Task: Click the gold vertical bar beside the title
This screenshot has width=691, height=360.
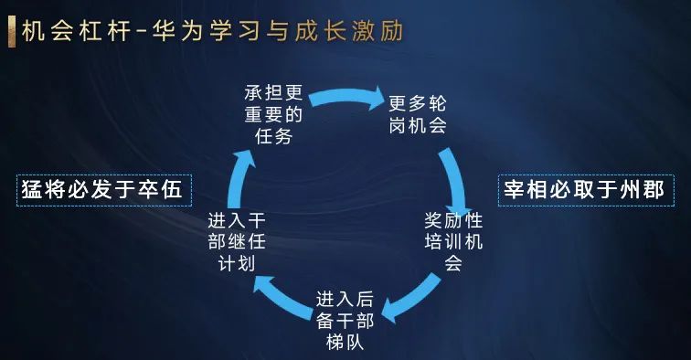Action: (x=12, y=32)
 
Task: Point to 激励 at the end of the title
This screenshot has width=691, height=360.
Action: (x=377, y=32)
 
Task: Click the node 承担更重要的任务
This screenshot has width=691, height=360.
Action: (x=273, y=114)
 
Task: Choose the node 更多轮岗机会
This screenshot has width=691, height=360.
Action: (x=418, y=114)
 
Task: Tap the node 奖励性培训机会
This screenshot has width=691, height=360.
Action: (x=453, y=241)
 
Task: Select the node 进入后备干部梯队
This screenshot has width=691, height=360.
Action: (x=345, y=321)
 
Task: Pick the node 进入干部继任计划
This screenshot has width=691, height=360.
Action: (x=237, y=241)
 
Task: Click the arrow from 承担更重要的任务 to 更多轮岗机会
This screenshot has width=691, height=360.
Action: (x=346, y=95)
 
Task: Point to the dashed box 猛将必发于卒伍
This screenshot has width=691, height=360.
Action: (x=104, y=190)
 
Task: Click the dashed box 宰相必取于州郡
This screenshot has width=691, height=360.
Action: (x=586, y=190)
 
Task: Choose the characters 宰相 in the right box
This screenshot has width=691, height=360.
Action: (x=526, y=190)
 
